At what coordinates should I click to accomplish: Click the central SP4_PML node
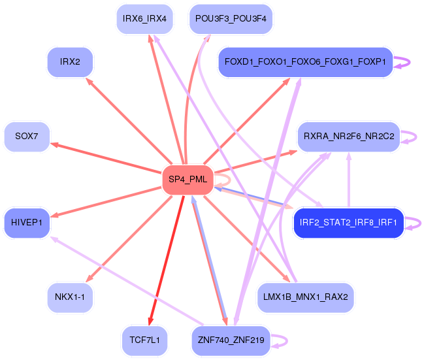188,179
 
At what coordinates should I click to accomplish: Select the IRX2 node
70,62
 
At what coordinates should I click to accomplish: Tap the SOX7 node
27,137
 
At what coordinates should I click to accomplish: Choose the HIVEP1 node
27,223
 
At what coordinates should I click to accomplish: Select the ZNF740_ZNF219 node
231,340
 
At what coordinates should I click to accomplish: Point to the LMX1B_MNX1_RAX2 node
305,297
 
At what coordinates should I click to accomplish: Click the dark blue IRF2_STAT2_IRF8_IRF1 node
348,223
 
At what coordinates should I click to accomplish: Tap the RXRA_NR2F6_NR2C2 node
348,137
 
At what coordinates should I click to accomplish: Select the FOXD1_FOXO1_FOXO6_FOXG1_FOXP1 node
305,62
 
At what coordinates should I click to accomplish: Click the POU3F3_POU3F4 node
231,19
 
